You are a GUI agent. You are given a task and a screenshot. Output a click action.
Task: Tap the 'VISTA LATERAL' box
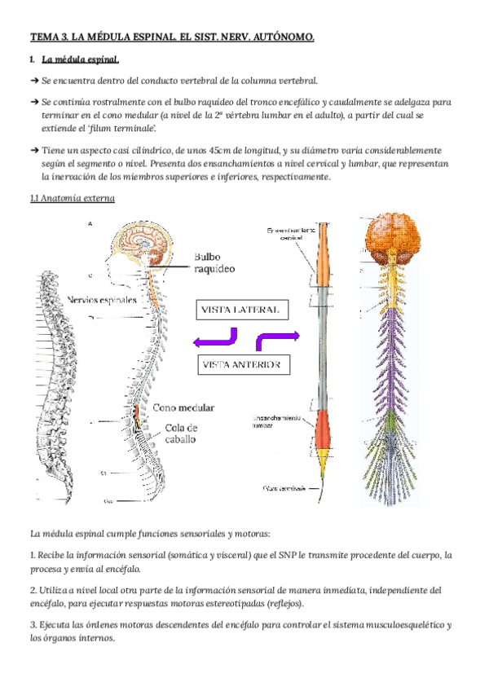click(x=241, y=310)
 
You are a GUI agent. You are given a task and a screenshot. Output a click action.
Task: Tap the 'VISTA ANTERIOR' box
click(x=243, y=364)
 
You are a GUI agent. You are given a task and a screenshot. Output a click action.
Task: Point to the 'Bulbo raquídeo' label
click(x=213, y=262)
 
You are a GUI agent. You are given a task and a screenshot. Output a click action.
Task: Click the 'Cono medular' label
click(x=183, y=407)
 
